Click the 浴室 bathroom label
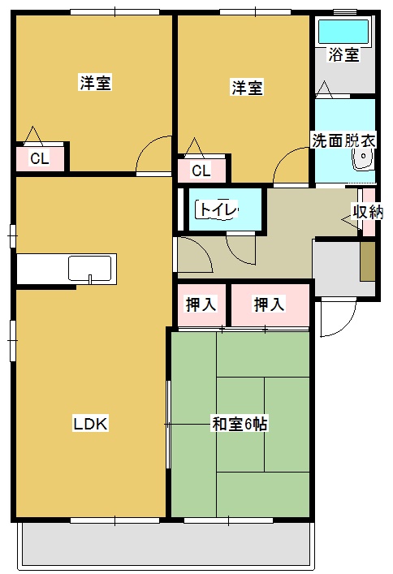tap(343, 55)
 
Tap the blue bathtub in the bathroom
tap(343, 32)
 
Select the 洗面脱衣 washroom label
tap(344, 140)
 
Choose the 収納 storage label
tap(367, 212)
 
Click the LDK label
tap(91, 423)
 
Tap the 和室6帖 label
tap(240, 423)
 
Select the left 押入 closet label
tap(201, 305)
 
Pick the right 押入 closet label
tap(269, 305)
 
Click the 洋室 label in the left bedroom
tap(95, 83)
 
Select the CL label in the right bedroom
tap(201, 170)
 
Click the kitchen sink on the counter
tap(90, 268)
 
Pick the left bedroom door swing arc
tap(152, 157)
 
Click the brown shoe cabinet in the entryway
tap(368, 261)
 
